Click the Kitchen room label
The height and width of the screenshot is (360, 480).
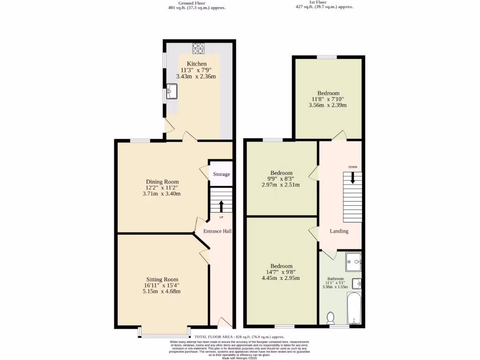196,64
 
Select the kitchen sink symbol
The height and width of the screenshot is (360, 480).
172,91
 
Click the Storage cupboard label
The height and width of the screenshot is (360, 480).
221,174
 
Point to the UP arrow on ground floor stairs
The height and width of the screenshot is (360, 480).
221,206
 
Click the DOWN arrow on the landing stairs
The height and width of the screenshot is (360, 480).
352,178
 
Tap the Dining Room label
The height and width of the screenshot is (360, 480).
162,182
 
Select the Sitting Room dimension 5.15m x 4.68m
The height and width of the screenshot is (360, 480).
162,291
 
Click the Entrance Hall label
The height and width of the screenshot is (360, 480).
217,231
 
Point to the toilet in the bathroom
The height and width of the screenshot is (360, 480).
330,318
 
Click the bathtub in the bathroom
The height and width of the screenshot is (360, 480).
354,309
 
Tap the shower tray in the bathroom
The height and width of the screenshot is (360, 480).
353,262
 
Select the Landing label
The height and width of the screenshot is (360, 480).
339,231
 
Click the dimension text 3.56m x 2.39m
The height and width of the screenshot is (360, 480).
328,105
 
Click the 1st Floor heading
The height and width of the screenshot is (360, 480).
324,3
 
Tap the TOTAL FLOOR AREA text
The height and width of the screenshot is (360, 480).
240,337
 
